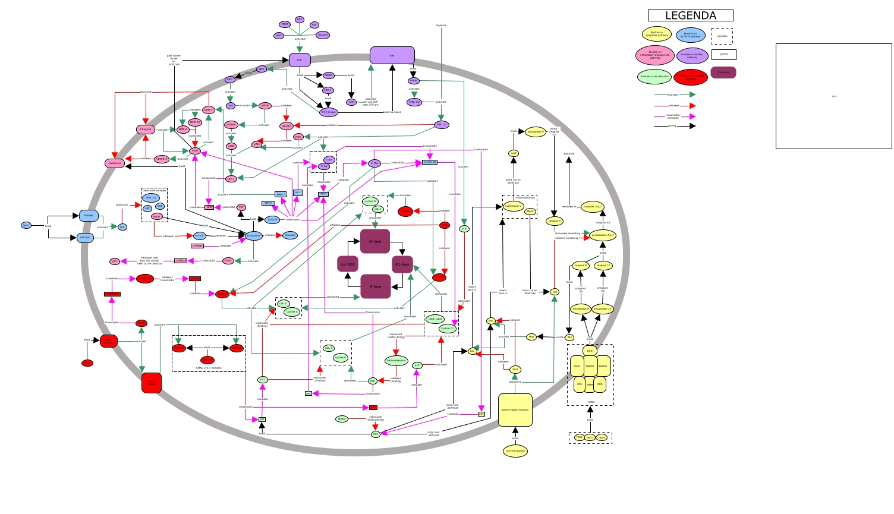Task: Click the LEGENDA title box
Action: coord(690,15)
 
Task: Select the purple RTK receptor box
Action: coord(300,60)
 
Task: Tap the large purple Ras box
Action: coord(392,55)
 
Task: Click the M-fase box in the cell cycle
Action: coord(375,241)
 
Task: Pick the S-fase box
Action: coord(375,286)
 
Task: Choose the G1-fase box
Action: coord(402,264)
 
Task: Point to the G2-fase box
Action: coord(347,264)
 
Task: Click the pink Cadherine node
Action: coord(115,163)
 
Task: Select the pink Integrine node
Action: coord(146,129)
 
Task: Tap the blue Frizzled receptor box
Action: coord(89,216)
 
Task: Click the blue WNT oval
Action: coord(26,225)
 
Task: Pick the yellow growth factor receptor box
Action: coord(515,410)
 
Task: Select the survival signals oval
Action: coord(515,451)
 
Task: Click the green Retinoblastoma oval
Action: coord(396,361)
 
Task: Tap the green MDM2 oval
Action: coord(342,419)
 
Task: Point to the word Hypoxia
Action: coord(440,26)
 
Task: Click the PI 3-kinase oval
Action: coord(329,112)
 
